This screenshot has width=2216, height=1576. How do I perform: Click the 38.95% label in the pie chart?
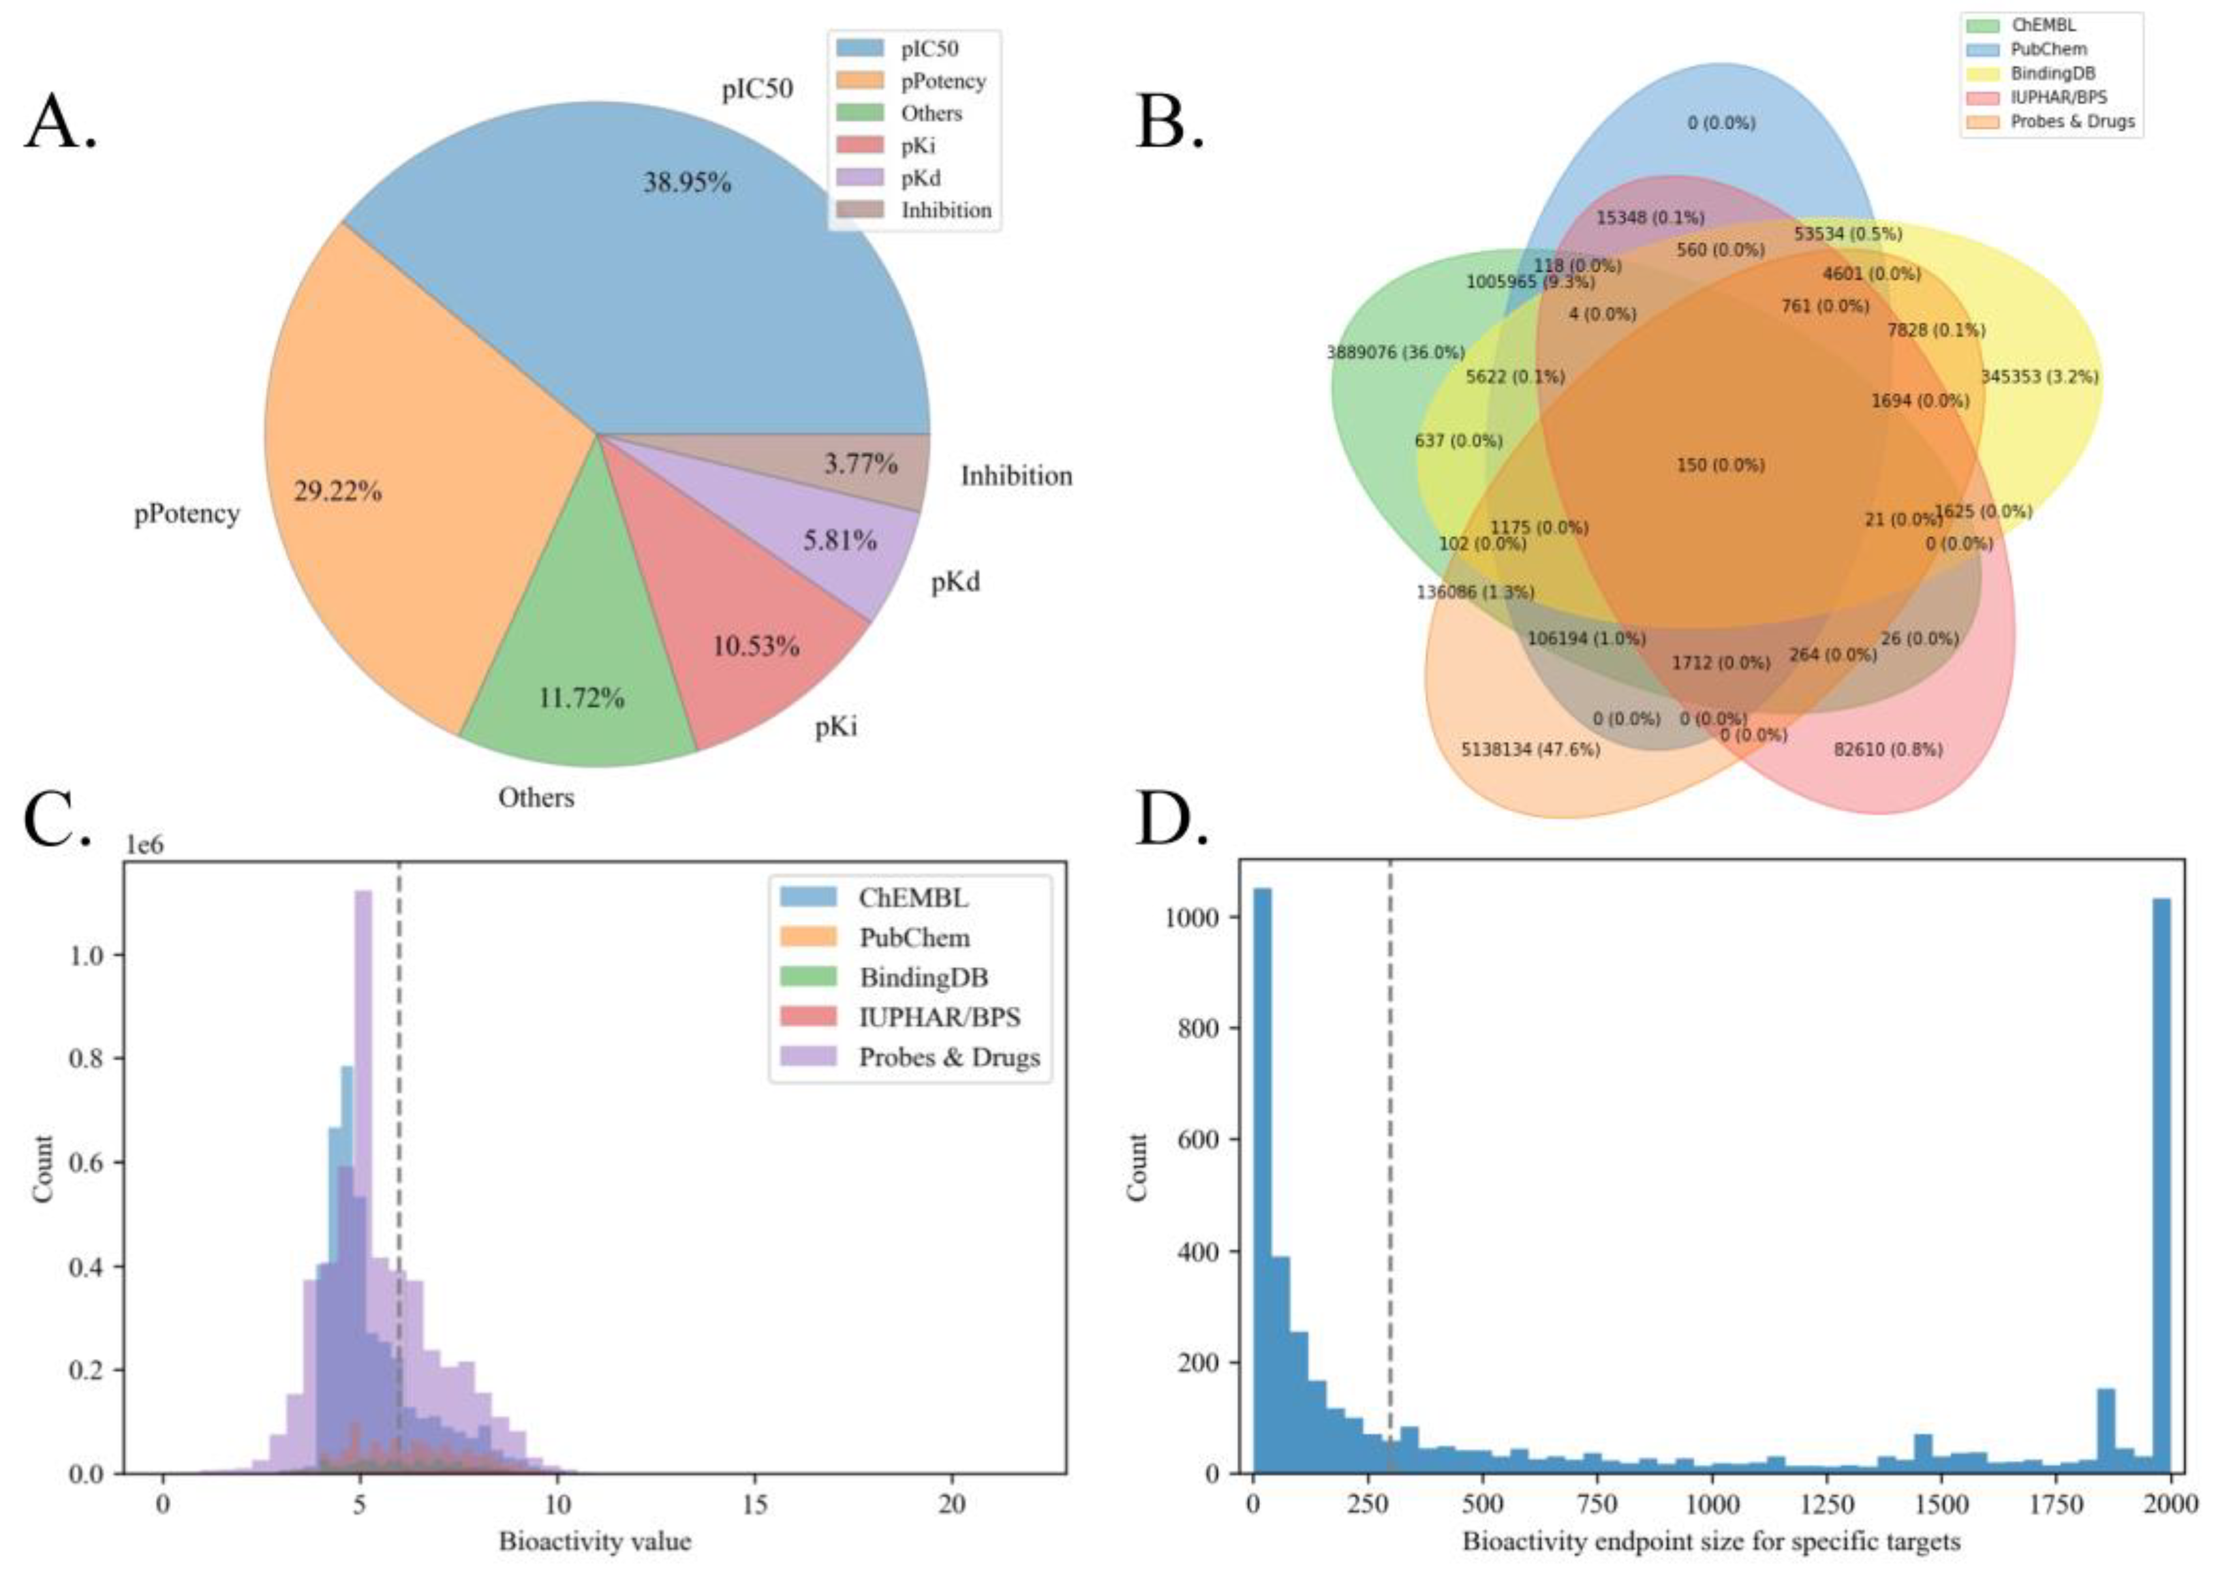(687, 183)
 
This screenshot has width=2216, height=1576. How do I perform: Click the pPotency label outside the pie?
(187, 514)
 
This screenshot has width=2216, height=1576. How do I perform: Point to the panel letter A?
(60, 123)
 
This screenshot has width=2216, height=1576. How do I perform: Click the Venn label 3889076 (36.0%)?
(1395, 352)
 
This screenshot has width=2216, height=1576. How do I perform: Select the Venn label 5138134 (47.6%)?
(1530, 749)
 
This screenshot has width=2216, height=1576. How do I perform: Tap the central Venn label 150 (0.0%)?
(1720, 465)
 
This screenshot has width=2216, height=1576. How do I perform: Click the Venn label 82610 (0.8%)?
(1888, 749)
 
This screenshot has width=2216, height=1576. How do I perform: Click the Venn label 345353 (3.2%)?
(2039, 377)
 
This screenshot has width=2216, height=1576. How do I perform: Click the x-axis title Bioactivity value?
(594, 1541)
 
